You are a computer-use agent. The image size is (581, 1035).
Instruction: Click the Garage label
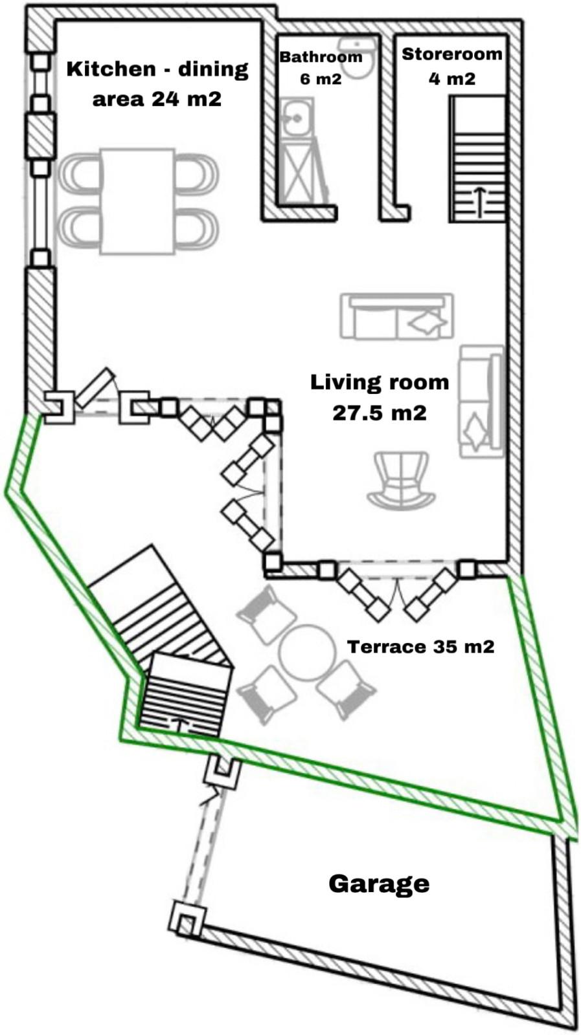pos(379,884)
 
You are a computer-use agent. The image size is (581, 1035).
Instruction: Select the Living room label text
pos(380,382)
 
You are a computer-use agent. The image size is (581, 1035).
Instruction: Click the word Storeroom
pos(452,54)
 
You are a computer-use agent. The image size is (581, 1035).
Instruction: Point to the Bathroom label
pos(321,57)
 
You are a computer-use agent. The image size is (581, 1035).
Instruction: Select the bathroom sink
pos(297,117)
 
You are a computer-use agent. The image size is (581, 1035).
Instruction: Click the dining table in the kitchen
pos(137,201)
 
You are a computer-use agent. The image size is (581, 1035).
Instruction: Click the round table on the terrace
pos(307,652)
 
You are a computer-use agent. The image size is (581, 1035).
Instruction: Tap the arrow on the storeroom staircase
pos(480,202)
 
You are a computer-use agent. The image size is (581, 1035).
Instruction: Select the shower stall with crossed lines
pos(302,171)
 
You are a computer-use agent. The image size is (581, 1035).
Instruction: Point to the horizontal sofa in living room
pos(397,316)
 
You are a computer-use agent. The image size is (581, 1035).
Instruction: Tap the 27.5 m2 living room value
pos(380,413)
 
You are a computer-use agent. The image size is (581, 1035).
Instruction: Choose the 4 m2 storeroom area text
pos(452,78)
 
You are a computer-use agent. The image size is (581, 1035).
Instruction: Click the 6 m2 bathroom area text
pos(321,78)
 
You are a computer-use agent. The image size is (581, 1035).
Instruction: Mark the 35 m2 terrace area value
pos(464,646)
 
